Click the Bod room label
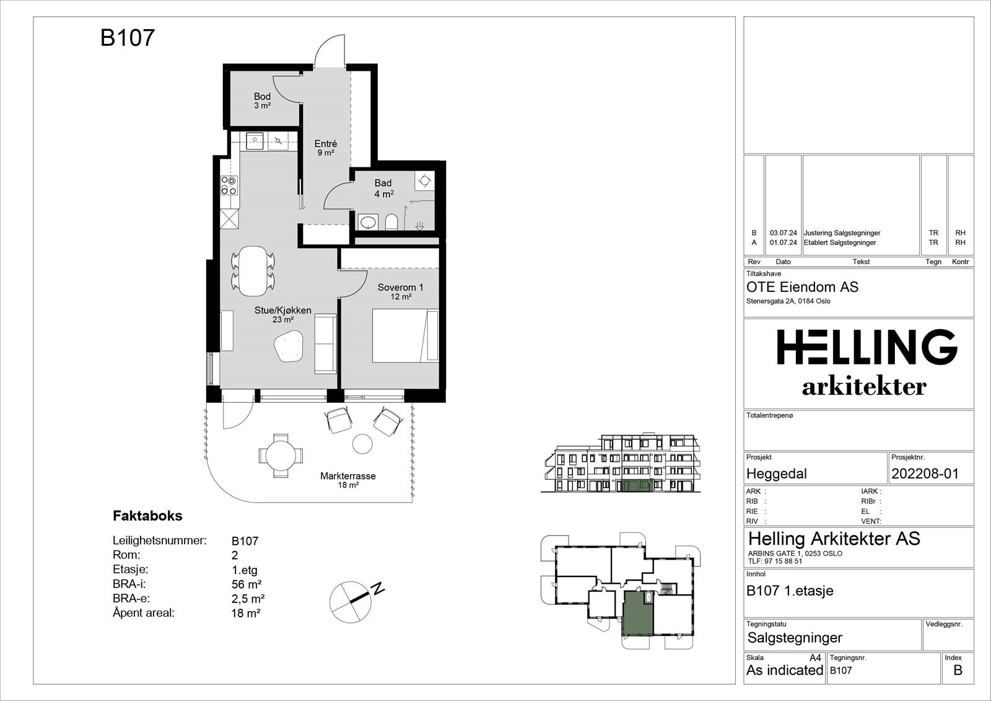[x=263, y=96]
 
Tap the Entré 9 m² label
[x=326, y=148]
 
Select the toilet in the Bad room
[x=391, y=222]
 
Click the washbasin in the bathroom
[x=368, y=221]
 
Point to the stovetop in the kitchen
[x=229, y=185]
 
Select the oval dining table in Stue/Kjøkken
[x=252, y=271]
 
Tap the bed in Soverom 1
[x=405, y=336]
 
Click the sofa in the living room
[x=325, y=343]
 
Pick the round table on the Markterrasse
[x=281, y=455]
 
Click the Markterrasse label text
[x=347, y=476]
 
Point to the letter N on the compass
[x=378, y=589]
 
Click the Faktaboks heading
[x=148, y=516]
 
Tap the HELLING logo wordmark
[x=867, y=346]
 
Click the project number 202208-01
[x=925, y=474]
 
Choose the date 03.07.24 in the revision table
[x=783, y=233]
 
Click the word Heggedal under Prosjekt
[x=777, y=474]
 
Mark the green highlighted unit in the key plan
[x=639, y=613]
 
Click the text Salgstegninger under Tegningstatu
[x=795, y=638]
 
